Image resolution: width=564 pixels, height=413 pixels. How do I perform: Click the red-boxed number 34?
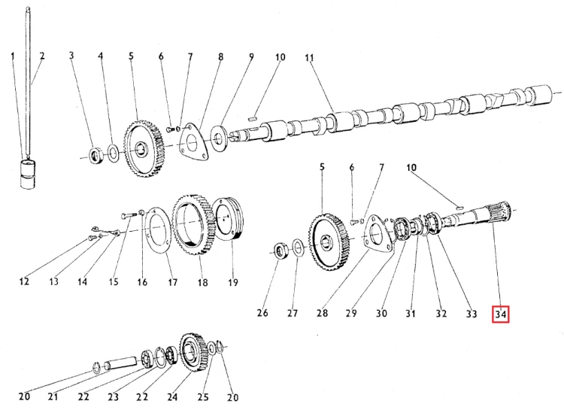[x=501, y=313]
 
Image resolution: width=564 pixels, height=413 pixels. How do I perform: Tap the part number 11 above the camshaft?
[x=308, y=57]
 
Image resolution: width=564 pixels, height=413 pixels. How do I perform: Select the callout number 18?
[x=202, y=282]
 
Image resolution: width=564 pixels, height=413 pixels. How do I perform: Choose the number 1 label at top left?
[x=13, y=56]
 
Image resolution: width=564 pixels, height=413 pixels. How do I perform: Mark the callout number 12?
[x=24, y=282]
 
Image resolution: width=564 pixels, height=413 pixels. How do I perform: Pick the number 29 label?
[x=353, y=313]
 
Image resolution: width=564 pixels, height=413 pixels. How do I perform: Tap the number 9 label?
[x=251, y=56]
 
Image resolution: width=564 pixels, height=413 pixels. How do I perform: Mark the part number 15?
[x=113, y=282]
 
